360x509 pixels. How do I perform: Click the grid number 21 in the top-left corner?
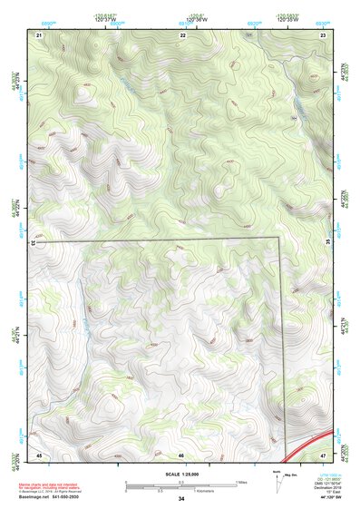[x=39, y=34]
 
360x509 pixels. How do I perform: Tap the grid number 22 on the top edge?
[x=183, y=34]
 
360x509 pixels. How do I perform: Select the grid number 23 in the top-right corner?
[x=323, y=34]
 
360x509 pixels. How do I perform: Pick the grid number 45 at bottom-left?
[x=39, y=454]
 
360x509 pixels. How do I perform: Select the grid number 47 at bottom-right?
[x=323, y=454]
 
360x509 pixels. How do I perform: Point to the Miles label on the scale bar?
[x=242, y=481]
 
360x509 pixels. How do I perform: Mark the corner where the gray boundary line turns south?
[x=278, y=238]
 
